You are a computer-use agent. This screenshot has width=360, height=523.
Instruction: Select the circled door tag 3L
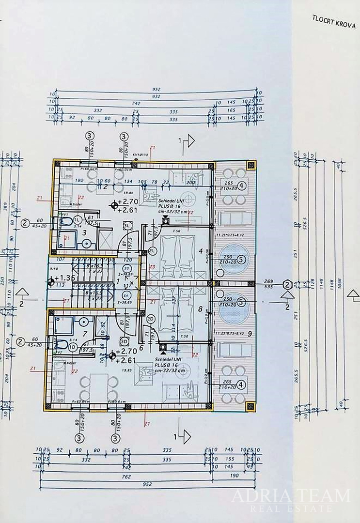(127, 226)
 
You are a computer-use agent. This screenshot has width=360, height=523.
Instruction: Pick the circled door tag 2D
(151, 318)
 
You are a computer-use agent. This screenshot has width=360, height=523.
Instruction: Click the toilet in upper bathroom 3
(65, 222)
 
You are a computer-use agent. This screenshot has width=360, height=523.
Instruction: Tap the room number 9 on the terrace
(249, 333)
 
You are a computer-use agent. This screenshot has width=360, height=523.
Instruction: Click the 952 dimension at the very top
(156, 90)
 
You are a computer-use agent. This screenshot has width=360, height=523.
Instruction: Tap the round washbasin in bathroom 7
(86, 321)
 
